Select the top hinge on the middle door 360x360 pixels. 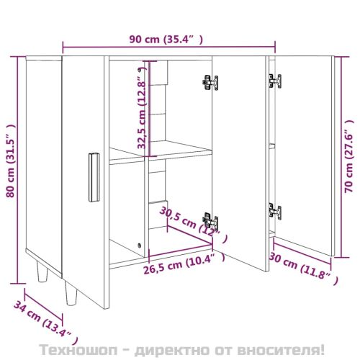[x=209, y=82]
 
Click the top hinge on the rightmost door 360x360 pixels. [x=275, y=81]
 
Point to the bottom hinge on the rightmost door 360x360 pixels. [x=275, y=211]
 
